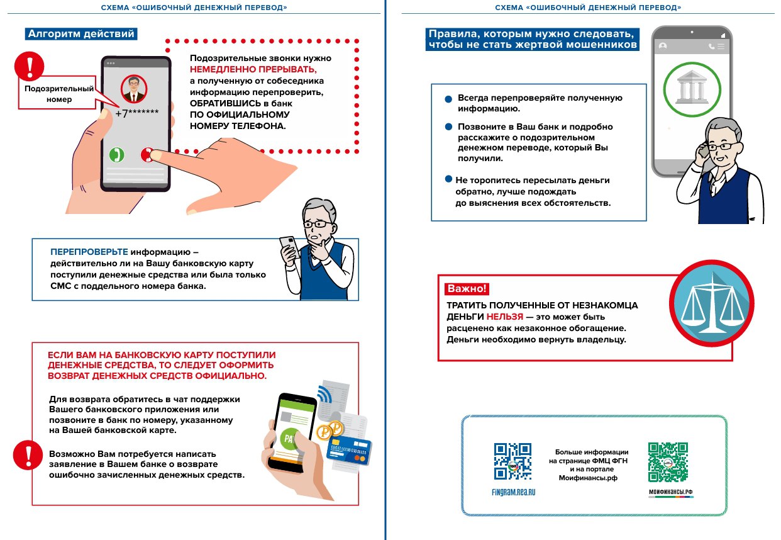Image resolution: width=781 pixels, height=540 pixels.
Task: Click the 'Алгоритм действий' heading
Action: pyautogui.click(x=80, y=34)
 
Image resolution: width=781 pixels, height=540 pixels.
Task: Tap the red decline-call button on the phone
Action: pyautogui.click(x=148, y=154)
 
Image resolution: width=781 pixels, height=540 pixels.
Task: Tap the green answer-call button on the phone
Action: pyautogui.click(x=116, y=154)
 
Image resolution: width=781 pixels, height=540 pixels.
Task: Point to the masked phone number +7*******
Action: pyautogui.click(x=136, y=113)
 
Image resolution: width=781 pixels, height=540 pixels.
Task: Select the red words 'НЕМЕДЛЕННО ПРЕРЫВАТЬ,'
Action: pyautogui.click(x=253, y=69)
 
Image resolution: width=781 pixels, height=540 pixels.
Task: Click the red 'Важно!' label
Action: pyautogui.click(x=467, y=290)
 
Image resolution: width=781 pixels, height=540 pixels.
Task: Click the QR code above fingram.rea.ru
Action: pyautogui.click(x=512, y=461)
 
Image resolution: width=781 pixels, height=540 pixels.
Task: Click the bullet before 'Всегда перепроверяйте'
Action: pyautogui.click(x=448, y=99)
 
